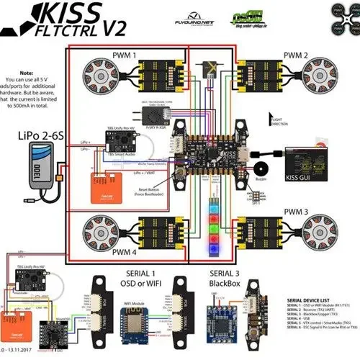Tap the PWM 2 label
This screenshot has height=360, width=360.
click(295, 55)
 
